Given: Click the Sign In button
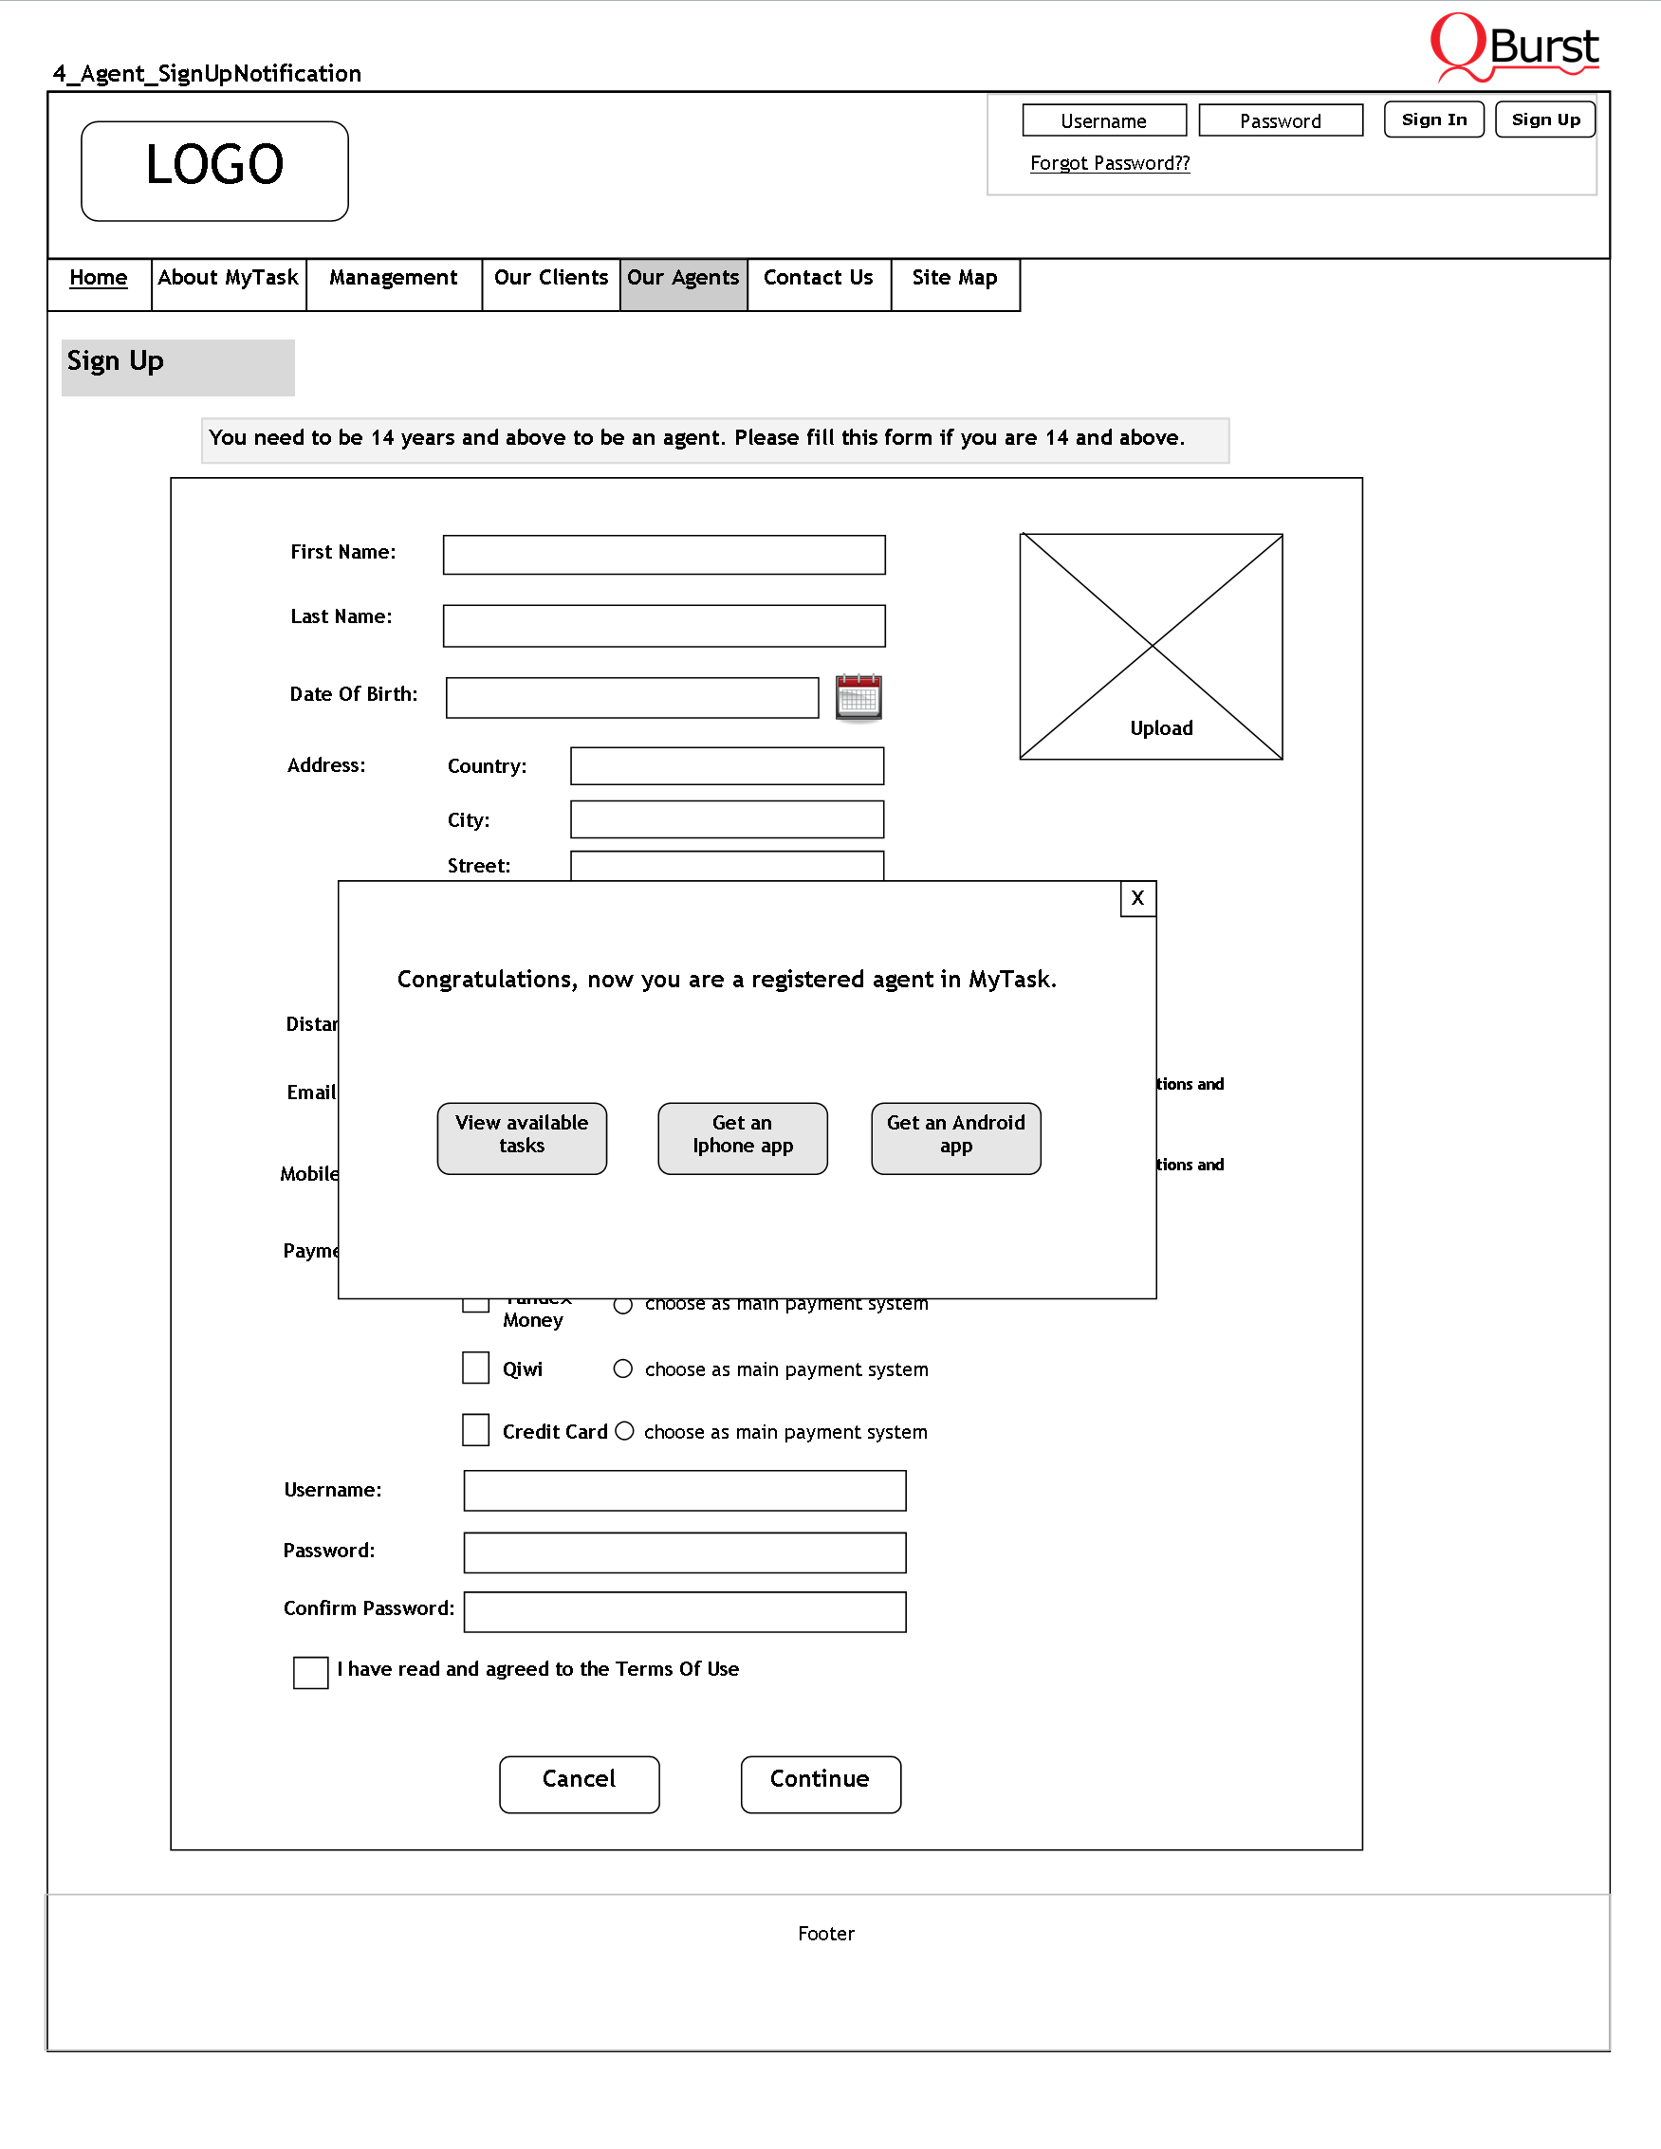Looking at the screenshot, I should [1432, 120].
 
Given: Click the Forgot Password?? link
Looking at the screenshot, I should [1109, 163].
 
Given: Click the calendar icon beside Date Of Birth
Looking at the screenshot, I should [858, 698].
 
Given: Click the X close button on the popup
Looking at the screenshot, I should [1137, 898].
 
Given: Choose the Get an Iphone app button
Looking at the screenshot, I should [742, 1137].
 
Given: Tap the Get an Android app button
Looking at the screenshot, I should [955, 1137].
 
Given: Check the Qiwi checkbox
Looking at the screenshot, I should [476, 1368].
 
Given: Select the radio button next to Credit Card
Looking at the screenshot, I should [625, 1431].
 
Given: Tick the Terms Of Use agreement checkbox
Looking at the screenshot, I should [311, 1672].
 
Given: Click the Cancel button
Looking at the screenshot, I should [579, 1783].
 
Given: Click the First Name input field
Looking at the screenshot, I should [663, 555].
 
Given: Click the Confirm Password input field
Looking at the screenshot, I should [684, 1612].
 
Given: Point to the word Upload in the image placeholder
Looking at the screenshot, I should [1161, 728].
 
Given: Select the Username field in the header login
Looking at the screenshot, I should [1103, 121].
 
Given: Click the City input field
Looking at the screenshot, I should [727, 818].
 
